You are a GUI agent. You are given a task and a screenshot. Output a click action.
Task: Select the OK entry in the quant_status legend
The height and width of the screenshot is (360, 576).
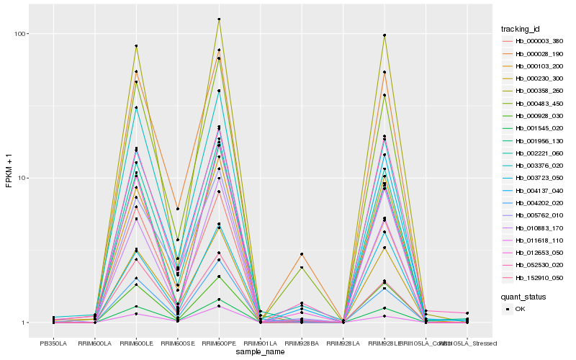pos(519,309)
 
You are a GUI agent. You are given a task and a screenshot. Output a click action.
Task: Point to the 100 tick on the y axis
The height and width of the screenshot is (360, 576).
pos(20,34)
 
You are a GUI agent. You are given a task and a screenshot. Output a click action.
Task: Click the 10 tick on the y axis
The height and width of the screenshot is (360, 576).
pos(22,178)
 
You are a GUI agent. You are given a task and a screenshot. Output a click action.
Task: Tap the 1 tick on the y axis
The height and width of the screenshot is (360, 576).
pos(24,323)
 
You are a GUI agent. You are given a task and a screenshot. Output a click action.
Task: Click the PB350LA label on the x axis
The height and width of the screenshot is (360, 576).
pos(53,343)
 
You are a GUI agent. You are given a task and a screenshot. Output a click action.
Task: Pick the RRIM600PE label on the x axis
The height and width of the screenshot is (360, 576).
pos(219,343)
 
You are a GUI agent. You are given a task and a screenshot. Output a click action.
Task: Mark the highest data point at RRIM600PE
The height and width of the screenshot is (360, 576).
pos(219,19)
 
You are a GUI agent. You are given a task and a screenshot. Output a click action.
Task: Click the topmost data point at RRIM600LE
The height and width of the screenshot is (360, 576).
pos(136,46)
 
